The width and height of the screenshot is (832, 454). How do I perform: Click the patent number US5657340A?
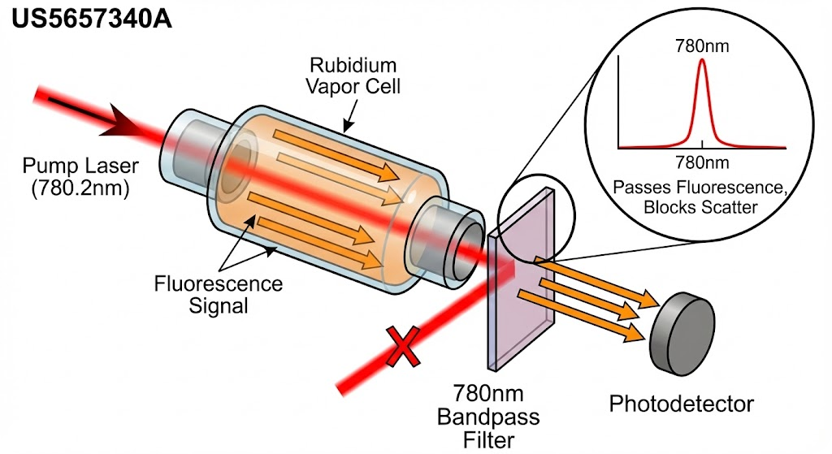point(91,19)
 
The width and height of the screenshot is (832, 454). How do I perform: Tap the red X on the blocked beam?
point(404,347)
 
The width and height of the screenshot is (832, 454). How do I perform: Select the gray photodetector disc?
point(682,332)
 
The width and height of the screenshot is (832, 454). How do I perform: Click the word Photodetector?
point(682,404)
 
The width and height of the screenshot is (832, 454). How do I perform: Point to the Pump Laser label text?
point(80,177)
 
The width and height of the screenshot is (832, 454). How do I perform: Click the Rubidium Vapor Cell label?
point(353,76)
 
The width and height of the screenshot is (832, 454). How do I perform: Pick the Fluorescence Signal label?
point(218,294)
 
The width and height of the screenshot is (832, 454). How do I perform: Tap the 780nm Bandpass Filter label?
point(488,417)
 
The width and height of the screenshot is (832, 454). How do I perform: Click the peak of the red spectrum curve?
point(702,59)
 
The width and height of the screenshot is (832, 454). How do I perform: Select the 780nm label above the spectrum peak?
point(702,46)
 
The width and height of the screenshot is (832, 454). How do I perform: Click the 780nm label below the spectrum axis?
point(702,162)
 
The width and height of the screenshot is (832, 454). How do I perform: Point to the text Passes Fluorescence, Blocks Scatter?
point(700,197)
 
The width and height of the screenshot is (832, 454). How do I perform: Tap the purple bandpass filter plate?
point(521,279)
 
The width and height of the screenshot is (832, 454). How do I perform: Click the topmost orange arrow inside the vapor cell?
point(336,155)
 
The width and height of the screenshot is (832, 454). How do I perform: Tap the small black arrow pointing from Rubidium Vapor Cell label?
point(350,115)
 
